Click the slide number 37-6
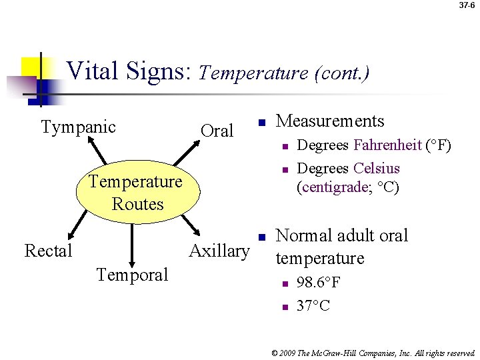click(467, 5)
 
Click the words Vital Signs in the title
click(129, 71)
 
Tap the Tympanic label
click(79, 127)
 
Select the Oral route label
click(217, 131)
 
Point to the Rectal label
click(48, 251)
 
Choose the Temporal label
click(132, 274)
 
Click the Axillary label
click(219, 251)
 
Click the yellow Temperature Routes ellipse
click(137, 192)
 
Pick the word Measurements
click(330, 121)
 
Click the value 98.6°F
click(319, 283)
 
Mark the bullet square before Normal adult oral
click(263, 237)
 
